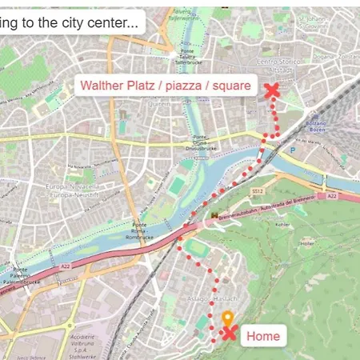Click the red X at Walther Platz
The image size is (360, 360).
click(x=271, y=90)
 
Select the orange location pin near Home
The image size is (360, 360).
click(x=227, y=318)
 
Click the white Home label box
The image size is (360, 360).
click(x=262, y=336)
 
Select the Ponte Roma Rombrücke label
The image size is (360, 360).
click(x=139, y=232)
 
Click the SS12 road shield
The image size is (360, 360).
click(x=258, y=191)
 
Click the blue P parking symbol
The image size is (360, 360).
click(x=294, y=148)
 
